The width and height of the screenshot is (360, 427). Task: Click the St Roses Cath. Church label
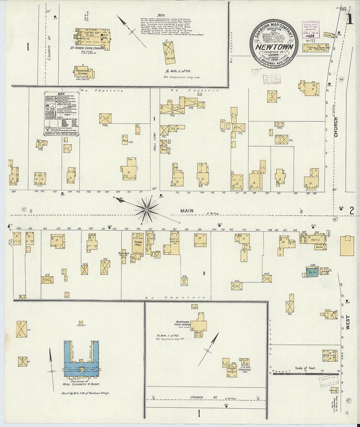coord(87,48)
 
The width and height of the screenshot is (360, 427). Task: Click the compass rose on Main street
coord(147,208)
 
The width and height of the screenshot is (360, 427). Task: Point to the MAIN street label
coord(187,211)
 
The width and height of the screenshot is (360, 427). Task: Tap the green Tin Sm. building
coord(312,272)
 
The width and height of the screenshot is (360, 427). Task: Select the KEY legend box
coord(61,113)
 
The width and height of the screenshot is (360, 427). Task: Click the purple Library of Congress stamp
coord(311,30)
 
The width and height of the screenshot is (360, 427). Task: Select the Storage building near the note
coord(169,53)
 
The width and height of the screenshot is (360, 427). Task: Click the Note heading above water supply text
coord(161,15)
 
